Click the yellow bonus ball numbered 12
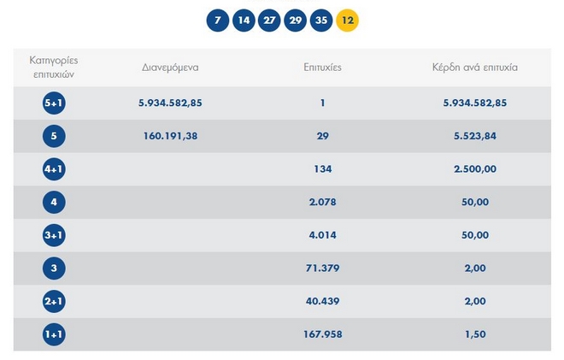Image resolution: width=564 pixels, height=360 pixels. (x=348, y=20)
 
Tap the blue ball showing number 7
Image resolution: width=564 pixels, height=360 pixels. (x=219, y=20)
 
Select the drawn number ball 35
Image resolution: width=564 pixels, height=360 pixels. (x=321, y=20)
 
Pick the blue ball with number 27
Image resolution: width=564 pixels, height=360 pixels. (x=270, y=20)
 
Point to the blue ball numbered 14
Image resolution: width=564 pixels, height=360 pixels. (x=244, y=20)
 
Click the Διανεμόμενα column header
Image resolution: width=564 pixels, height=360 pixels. (x=170, y=67)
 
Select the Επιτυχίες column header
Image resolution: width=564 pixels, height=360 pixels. (x=322, y=67)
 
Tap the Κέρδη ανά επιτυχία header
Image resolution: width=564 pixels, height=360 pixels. (x=475, y=67)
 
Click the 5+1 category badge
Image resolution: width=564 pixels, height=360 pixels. (x=54, y=103)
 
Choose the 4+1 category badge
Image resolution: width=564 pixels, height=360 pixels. (x=54, y=169)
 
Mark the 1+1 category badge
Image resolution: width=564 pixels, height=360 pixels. (x=54, y=334)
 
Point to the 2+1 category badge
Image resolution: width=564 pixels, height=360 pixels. (x=54, y=301)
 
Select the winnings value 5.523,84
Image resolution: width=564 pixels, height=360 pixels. (x=475, y=136)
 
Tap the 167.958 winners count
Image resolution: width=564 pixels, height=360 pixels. (x=323, y=334)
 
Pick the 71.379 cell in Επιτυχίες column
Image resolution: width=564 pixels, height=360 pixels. (x=323, y=269)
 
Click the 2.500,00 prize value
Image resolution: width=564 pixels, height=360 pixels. (x=475, y=169)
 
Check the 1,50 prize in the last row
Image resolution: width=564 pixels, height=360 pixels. (x=475, y=334)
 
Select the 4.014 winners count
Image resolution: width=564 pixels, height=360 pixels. (x=323, y=235)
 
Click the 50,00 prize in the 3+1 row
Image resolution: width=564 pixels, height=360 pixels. (x=475, y=235)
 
